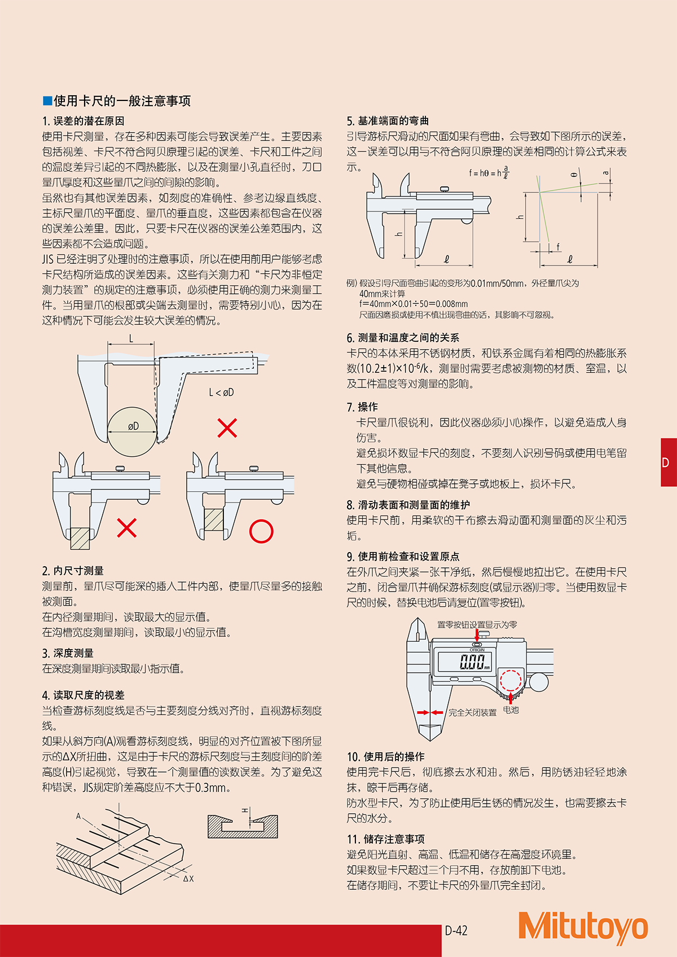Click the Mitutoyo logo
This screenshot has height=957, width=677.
583,926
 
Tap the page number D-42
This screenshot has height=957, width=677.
456,930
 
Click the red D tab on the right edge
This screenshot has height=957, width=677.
668,462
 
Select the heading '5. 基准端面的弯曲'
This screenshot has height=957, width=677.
388,121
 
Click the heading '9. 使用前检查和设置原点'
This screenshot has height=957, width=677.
403,557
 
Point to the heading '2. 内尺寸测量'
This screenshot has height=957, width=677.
73,571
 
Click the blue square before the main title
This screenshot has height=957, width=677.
47,101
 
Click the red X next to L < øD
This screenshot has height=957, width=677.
227,428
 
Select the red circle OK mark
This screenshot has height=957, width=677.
261,531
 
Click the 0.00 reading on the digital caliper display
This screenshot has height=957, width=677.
472,661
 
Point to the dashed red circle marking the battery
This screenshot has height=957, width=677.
511,681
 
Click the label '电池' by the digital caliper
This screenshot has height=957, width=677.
511,710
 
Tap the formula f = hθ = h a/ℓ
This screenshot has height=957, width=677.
489,173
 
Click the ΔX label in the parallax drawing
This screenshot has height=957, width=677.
188,879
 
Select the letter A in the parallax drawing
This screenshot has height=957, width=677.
79,816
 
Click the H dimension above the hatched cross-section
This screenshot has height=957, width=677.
245,811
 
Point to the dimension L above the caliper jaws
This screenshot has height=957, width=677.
131,338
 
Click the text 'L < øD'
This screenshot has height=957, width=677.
221,392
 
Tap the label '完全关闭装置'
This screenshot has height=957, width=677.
472,713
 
